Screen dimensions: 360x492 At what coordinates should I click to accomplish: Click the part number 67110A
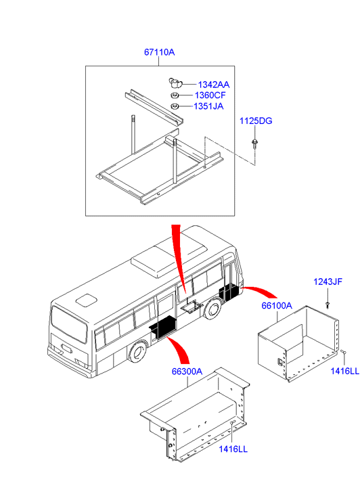tap(159, 52)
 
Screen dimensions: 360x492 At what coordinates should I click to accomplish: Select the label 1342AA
tap(213, 85)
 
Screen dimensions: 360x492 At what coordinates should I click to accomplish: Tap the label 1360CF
tap(210, 95)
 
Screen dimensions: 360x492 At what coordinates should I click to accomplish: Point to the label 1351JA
tap(208, 106)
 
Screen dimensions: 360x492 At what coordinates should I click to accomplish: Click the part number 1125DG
tap(256, 121)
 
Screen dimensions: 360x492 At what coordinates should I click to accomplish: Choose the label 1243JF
tap(328, 282)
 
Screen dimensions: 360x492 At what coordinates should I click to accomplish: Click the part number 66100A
tap(277, 305)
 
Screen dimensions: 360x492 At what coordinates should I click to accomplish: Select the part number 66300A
tap(187, 372)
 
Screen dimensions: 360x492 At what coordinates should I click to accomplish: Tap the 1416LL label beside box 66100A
tap(344, 371)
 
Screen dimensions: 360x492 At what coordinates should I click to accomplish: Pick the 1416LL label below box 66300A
tap(233, 449)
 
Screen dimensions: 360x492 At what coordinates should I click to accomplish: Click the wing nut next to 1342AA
tap(175, 83)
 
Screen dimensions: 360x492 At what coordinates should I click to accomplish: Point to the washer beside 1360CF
tap(175, 95)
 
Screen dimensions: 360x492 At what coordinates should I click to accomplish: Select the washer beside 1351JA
tap(174, 107)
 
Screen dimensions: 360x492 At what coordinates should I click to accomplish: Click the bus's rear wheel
tap(137, 353)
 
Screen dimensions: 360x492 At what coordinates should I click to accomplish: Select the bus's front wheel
tap(213, 309)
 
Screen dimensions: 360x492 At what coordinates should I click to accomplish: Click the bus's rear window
tap(69, 325)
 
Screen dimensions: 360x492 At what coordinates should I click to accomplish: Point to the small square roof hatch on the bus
tap(87, 300)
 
